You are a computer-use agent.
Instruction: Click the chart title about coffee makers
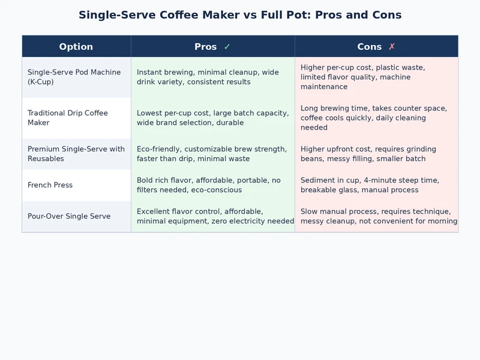[x=240, y=15]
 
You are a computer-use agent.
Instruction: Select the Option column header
[x=76, y=47]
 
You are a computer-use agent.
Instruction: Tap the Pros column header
[x=206, y=47]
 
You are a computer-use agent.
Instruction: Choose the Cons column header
[x=369, y=47]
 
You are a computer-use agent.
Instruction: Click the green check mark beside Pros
[x=227, y=47]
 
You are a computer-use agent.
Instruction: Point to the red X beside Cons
[x=392, y=47]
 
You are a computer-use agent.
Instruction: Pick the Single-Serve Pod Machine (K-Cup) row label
[x=74, y=77]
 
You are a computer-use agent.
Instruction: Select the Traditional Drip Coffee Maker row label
[x=67, y=118]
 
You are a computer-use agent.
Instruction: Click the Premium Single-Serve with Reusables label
[x=76, y=154]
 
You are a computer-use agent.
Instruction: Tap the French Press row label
[x=50, y=185]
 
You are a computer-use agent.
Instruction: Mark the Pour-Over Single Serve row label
[x=69, y=216]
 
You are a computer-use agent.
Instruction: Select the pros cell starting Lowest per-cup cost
[x=212, y=118]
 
